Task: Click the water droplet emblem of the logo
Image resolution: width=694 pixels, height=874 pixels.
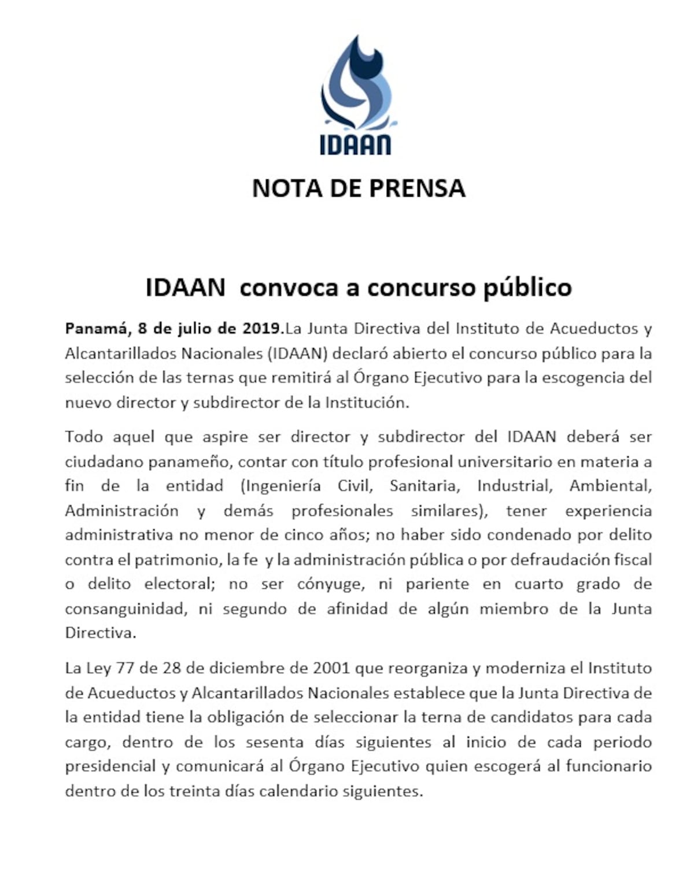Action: click(x=356, y=84)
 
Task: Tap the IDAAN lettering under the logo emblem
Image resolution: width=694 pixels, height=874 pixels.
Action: click(x=356, y=144)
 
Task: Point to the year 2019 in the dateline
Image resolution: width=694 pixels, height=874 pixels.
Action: click(x=261, y=329)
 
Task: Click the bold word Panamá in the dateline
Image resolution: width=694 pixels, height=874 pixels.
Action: click(x=95, y=329)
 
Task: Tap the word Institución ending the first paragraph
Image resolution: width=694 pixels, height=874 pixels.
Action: click(x=367, y=403)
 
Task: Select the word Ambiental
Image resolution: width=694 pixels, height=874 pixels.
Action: click(x=610, y=486)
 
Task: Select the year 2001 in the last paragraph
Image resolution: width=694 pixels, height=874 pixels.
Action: click(x=331, y=668)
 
